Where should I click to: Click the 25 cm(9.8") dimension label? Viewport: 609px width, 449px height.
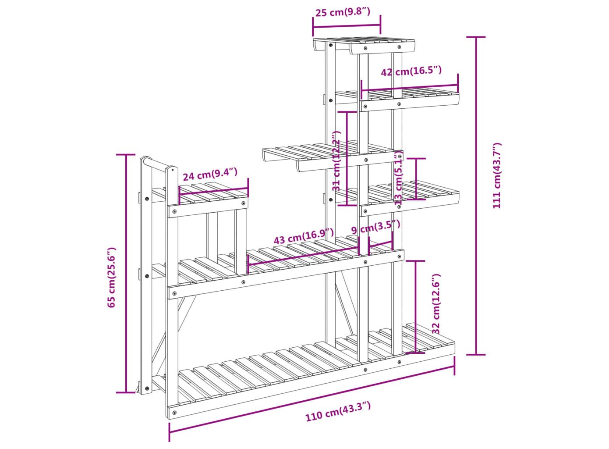click(343, 12)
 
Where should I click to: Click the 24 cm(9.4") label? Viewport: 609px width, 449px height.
click(210, 174)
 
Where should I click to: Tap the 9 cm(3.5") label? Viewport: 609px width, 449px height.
click(376, 227)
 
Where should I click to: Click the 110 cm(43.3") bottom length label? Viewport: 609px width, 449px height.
click(338, 415)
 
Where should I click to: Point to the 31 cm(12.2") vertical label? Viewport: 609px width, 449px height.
click(336, 161)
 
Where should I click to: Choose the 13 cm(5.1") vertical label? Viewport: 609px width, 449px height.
click(398, 179)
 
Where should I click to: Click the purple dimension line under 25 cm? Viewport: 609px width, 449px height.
click(347, 26)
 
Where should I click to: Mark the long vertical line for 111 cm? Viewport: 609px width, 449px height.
click(476, 196)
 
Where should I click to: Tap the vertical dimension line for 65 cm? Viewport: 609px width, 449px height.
click(126, 274)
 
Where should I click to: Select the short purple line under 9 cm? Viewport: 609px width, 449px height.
click(380, 244)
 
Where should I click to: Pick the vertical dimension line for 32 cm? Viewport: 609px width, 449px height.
click(415, 307)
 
